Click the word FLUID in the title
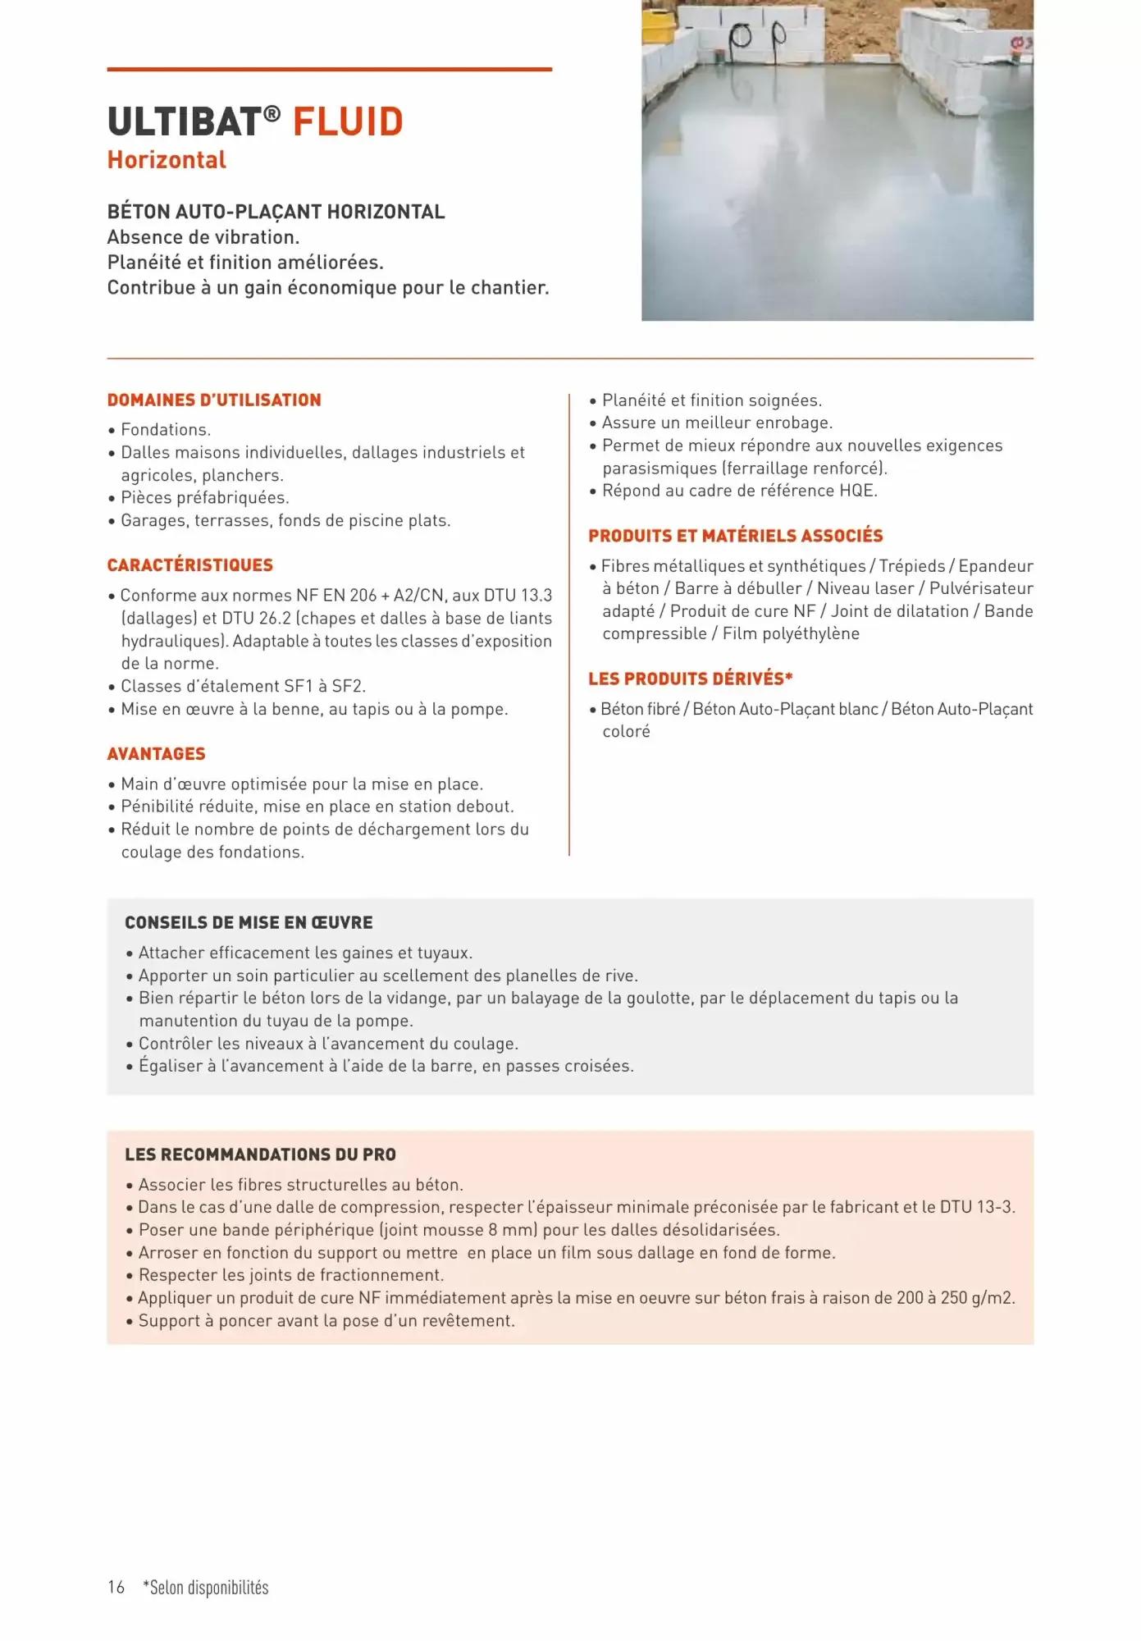348,122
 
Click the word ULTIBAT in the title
184,122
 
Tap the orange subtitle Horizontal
167,160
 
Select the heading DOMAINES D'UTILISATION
214,400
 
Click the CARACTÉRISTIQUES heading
190,565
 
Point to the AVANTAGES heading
157,754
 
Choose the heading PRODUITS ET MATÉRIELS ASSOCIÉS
735,536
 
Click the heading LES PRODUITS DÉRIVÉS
690,679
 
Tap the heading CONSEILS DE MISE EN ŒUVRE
249,923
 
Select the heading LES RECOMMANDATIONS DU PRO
260,1154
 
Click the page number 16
116,1587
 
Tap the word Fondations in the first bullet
165,430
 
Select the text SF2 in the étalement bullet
348,686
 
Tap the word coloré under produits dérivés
626,732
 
